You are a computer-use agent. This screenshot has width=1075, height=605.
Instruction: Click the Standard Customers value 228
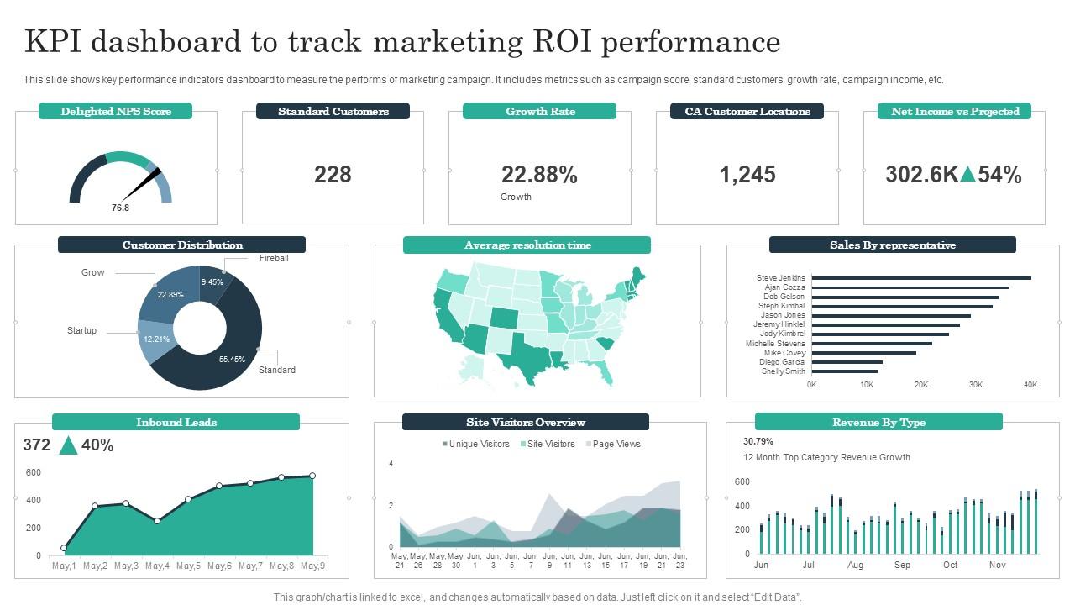333,175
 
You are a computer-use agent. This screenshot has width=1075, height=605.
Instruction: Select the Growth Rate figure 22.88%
539,175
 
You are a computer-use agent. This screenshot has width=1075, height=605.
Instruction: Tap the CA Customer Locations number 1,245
747,175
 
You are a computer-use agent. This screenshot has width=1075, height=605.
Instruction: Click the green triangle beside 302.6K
968,175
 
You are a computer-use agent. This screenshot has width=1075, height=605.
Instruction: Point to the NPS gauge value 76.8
121,208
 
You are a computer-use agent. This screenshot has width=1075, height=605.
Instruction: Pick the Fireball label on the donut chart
274,258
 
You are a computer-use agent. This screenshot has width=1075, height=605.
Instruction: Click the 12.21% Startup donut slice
156,339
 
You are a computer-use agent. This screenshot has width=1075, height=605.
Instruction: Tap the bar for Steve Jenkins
920,278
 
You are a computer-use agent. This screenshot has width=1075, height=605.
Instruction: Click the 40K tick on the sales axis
1030,385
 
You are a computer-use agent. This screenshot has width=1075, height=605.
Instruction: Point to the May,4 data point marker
157,521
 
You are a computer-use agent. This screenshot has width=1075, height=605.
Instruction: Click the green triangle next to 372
68,445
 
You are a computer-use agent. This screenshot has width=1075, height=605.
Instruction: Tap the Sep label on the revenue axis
902,565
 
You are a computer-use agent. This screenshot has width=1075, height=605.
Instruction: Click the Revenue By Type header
878,422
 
